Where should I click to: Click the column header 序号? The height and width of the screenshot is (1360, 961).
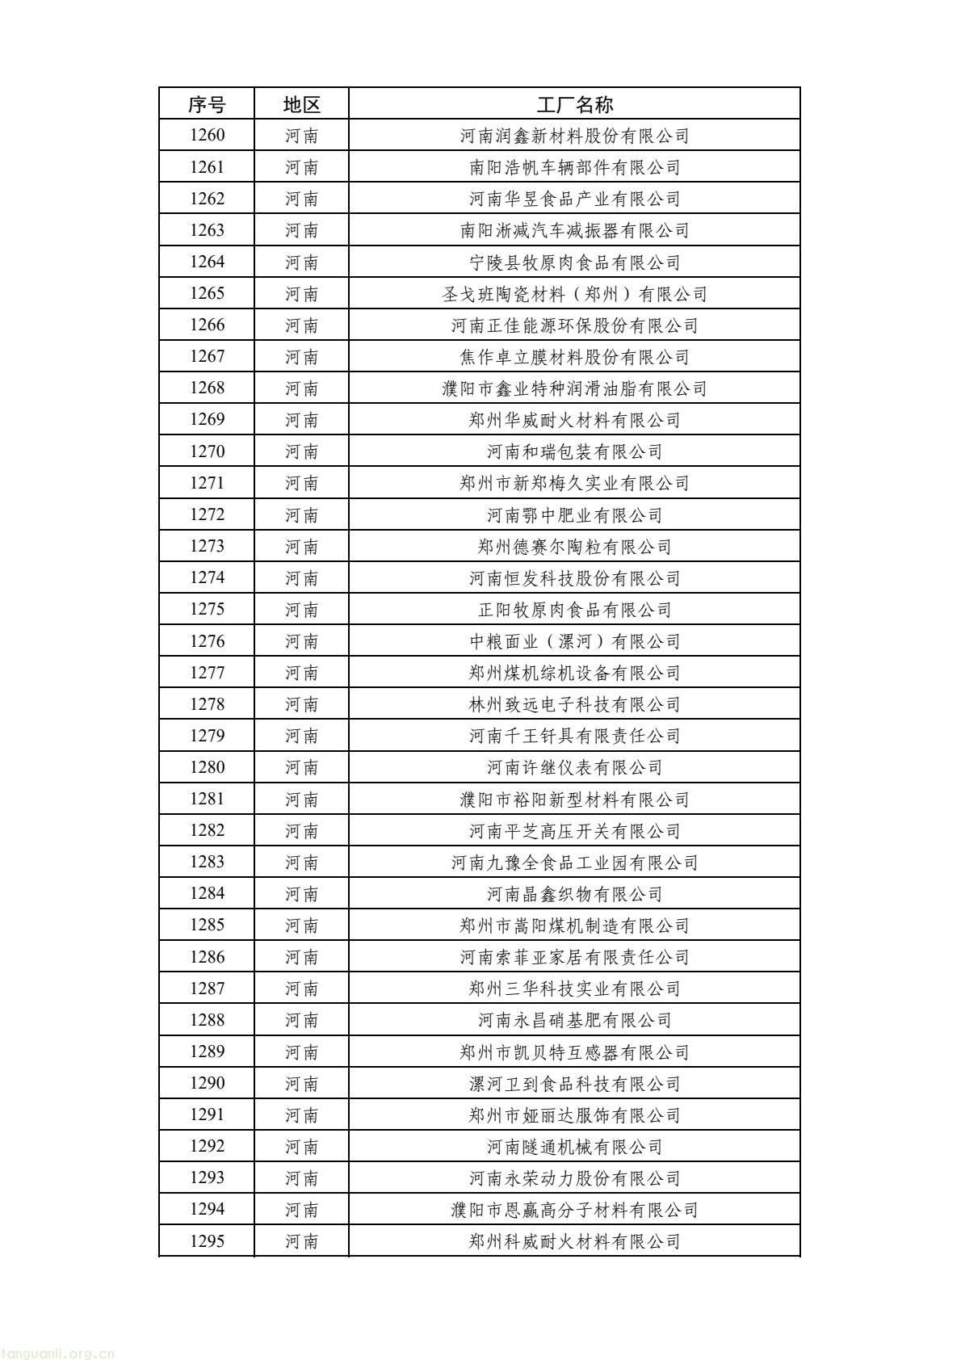pyautogui.click(x=207, y=104)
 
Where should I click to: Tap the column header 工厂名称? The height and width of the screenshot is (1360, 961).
pyautogui.click(x=574, y=104)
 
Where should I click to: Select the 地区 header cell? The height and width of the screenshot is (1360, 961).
pyautogui.click(x=301, y=104)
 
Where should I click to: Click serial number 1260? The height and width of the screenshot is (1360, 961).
pyautogui.click(x=207, y=135)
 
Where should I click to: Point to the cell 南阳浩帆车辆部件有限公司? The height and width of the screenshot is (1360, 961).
pyautogui.click(x=574, y=167)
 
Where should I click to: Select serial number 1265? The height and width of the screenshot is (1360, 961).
pyautogui.click(x=207, y=293)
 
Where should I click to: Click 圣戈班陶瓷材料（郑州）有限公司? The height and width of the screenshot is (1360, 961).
pyautogui.click(x=574, y=294)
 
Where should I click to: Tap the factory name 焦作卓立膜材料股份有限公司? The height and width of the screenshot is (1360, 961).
pyautogui.click(x=574, y=357)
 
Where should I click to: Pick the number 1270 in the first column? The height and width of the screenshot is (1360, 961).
pyautogui.click(x=207, y=451)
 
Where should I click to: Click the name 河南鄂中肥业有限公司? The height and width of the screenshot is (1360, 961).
pyautogui.click(x=574, y=515)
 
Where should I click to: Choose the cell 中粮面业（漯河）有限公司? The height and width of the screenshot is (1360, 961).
pyautogui.click(x=574, y=641)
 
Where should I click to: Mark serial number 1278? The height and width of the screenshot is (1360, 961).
pyautogui.click(x=207, y=704)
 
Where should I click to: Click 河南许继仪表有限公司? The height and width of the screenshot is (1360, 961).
pyautogui.click(x=574, y=767)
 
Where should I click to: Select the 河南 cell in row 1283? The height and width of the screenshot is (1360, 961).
pyautogui.click(x=301, y=863)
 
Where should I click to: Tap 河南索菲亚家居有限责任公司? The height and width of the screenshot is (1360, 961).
pyautogui.click(x=574, y=957)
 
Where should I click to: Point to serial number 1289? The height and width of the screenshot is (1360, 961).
pyautogui.click(x=207, y=1051)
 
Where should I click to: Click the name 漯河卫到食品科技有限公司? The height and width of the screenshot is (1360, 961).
pyautogui.click(x=574, y=1084)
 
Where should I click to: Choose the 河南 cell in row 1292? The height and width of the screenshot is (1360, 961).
pyautogui.click(x=301, y=1147)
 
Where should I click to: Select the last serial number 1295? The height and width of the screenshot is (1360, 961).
pyautogui.click(x=207, y=1241)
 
